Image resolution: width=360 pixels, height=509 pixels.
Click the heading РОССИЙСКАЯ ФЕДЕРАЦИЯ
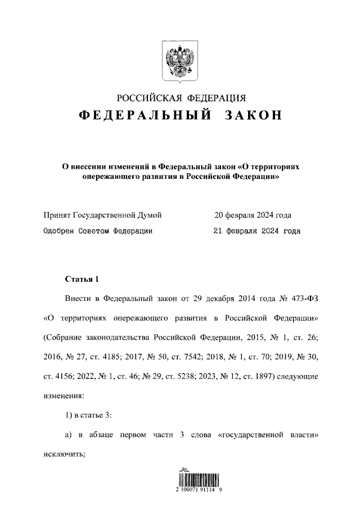click(180, 97)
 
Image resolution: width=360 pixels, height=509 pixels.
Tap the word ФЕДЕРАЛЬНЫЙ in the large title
click(145, 115)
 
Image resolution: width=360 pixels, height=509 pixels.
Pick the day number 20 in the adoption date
click(218, 215)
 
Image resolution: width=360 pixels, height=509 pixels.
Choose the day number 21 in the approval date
click(219, 231)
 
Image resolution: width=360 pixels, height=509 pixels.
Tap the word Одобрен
click(59, 231)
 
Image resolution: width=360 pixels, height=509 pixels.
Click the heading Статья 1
click(82, 279)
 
